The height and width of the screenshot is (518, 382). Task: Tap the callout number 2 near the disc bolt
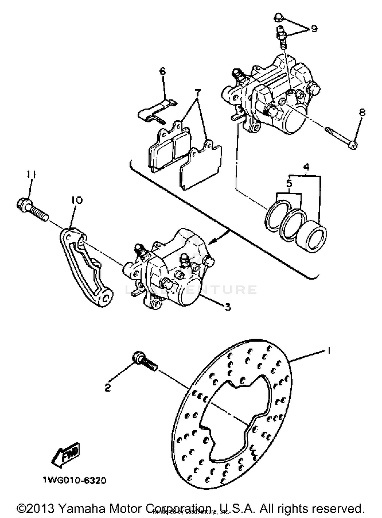[x=108, y=388]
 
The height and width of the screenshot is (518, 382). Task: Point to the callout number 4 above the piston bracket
[x=306, y=167]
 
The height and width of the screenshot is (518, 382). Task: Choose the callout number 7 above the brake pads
[x=197, y=93]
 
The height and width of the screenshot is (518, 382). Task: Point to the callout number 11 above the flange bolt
[x=31, y=175]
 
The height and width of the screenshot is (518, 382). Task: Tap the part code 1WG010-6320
[x=74, y=481]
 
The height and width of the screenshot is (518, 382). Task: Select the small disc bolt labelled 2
[x=144, y=361]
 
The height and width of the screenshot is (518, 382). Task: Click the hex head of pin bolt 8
[x=353, y=146]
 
